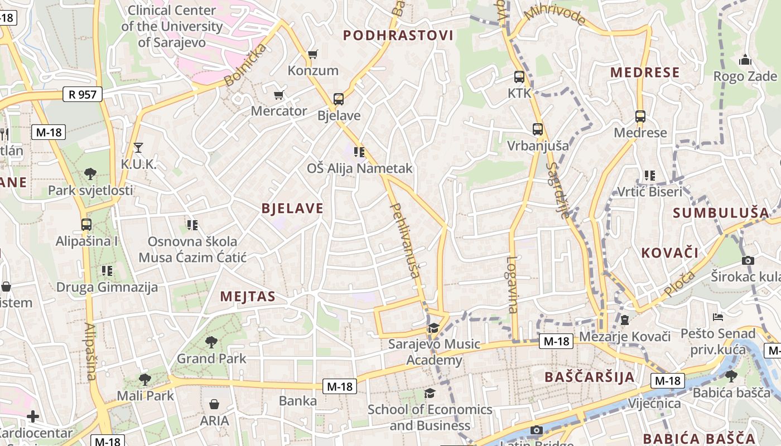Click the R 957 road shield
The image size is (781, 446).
[x=83, y=94]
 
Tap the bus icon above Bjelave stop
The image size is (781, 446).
[x=338, y=99]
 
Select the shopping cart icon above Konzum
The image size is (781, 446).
[x=312, y=54]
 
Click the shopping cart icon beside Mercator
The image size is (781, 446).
[x=278, y=95]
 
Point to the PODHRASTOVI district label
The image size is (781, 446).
[x=398, y=36]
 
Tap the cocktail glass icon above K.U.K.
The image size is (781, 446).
[x=138, y=148]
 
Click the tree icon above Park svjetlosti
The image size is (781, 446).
[x=90, y=174]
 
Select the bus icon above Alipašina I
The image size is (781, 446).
[x=86, y=225]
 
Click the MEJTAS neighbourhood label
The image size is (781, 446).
[x=248, y=297]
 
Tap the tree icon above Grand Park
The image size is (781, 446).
[x=211, y=342]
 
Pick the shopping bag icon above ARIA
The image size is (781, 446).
[x=214, y=404]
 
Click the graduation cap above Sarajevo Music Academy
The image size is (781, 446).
[x=433, y=328]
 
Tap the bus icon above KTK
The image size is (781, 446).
[x=519, y=77]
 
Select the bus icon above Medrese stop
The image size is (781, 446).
[x=640, y=117]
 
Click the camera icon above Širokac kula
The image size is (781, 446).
[x=748, y=260]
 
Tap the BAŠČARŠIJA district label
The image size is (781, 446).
[x=590, y=377]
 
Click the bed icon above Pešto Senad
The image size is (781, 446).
[x=718, y=317]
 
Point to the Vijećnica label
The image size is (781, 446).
[x=654, y=403]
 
